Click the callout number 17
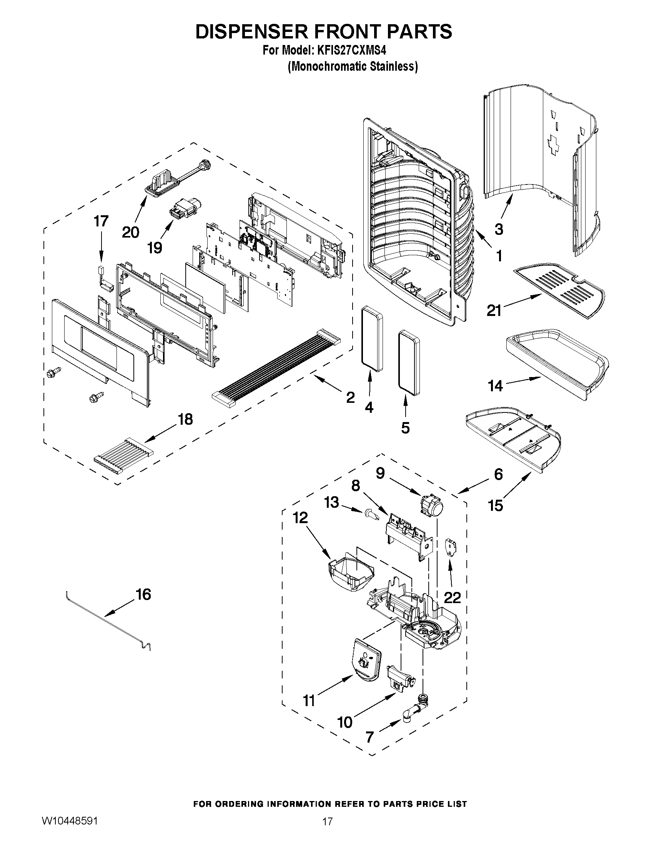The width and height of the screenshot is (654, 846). coord(101,221)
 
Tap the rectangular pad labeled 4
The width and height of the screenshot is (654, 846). coord(372,336)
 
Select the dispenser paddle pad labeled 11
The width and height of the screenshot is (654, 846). coord(364,659)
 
